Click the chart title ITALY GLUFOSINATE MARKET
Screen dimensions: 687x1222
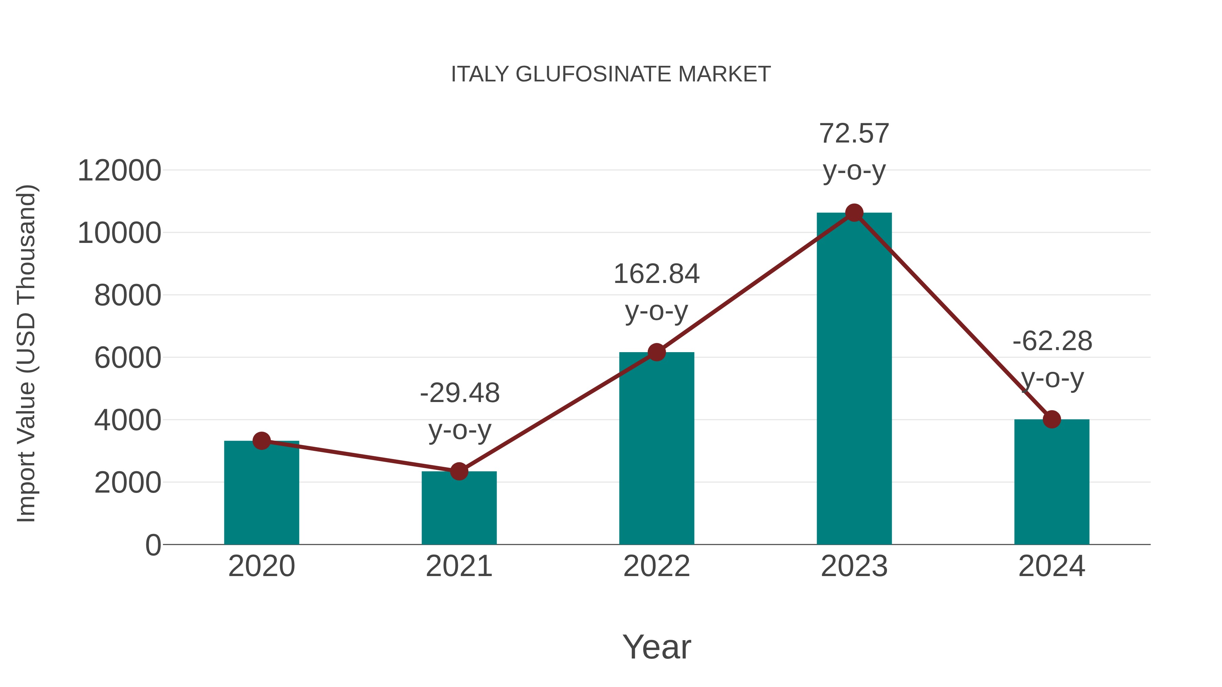[x=611, y=74]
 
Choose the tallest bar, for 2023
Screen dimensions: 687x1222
[x=854, y=379]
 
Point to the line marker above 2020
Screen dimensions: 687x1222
[x=261, y=441]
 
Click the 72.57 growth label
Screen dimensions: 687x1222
[x=854, y=134]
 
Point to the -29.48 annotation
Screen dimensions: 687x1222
[x=460, y=393]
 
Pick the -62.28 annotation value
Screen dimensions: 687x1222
[x=1052, y=341]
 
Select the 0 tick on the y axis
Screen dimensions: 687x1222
[x=153, y=545]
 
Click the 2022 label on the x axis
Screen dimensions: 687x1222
[x=656, y=566]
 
